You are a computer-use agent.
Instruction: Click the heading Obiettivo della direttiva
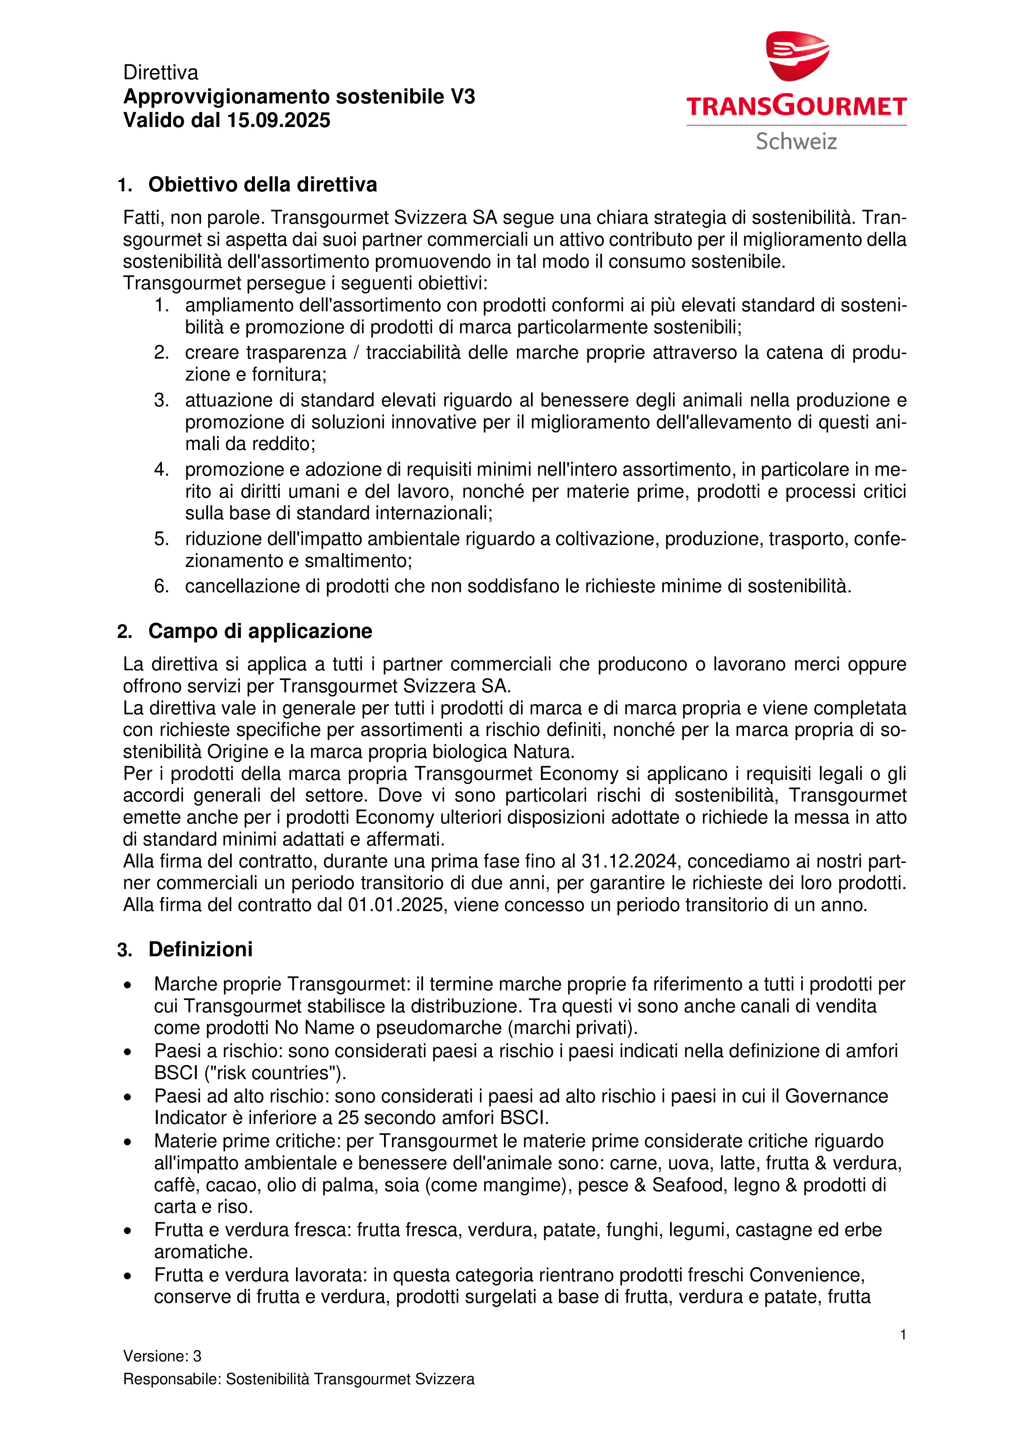coord(262,185)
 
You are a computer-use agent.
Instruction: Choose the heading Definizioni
coord(201,949)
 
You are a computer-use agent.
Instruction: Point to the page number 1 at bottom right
coord(903,1335)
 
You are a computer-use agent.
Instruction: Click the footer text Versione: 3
coord(162,1356)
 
